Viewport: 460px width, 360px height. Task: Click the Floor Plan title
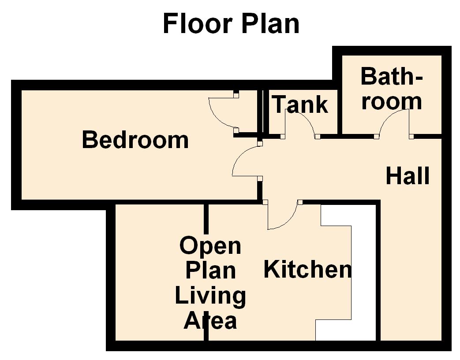pyautogui.click(x=231, y=23)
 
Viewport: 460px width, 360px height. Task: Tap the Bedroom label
pyautogui.click(x=135, y=140)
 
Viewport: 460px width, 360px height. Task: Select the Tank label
pyautogui.click(x=300, y=104)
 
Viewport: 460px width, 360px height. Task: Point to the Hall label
pyautogui.click(x=408, y=176)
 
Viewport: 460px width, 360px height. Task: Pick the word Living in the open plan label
pyautogui.click(x=210, y=296)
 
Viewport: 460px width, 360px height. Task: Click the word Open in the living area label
pyautogui.click(x=210, y=246)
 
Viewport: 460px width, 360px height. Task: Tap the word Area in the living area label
pyautogui.click(x=210, y=320)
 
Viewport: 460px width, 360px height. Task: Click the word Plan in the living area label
pyautogui.click(x=210, y=270)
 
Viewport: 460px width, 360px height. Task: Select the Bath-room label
pyautogui.click(x=392, y=89)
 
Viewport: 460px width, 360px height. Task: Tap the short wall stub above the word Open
pyautogui.click(x=206, y=218)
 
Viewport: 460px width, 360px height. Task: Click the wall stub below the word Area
pyautogui.click(x=206, y=335)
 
